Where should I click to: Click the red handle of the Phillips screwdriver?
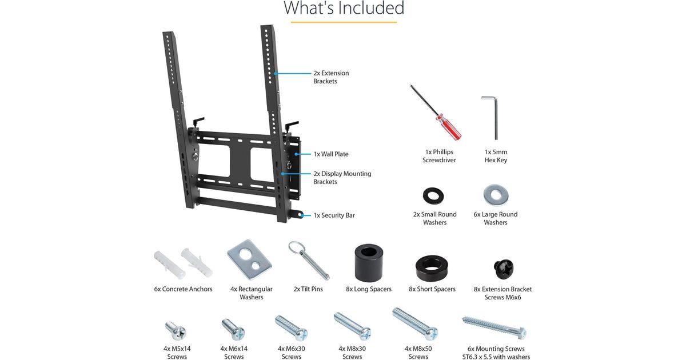449,127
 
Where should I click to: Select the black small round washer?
433,196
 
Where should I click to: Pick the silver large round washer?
496,195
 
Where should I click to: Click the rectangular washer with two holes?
249,259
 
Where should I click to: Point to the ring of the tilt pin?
296,247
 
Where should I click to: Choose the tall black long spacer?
369,262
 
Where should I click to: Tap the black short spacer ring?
432,267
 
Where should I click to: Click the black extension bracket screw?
504,269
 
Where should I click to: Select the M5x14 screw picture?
176,331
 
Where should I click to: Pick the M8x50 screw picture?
415,325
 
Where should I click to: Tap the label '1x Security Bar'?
334,215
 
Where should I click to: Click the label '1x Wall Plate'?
331,154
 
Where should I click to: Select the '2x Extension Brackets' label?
331,77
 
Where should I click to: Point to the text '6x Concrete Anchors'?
183,289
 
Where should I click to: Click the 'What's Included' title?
344,7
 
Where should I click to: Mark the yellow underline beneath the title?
344,22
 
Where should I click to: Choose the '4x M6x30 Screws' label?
291,353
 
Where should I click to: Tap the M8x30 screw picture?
352,326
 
